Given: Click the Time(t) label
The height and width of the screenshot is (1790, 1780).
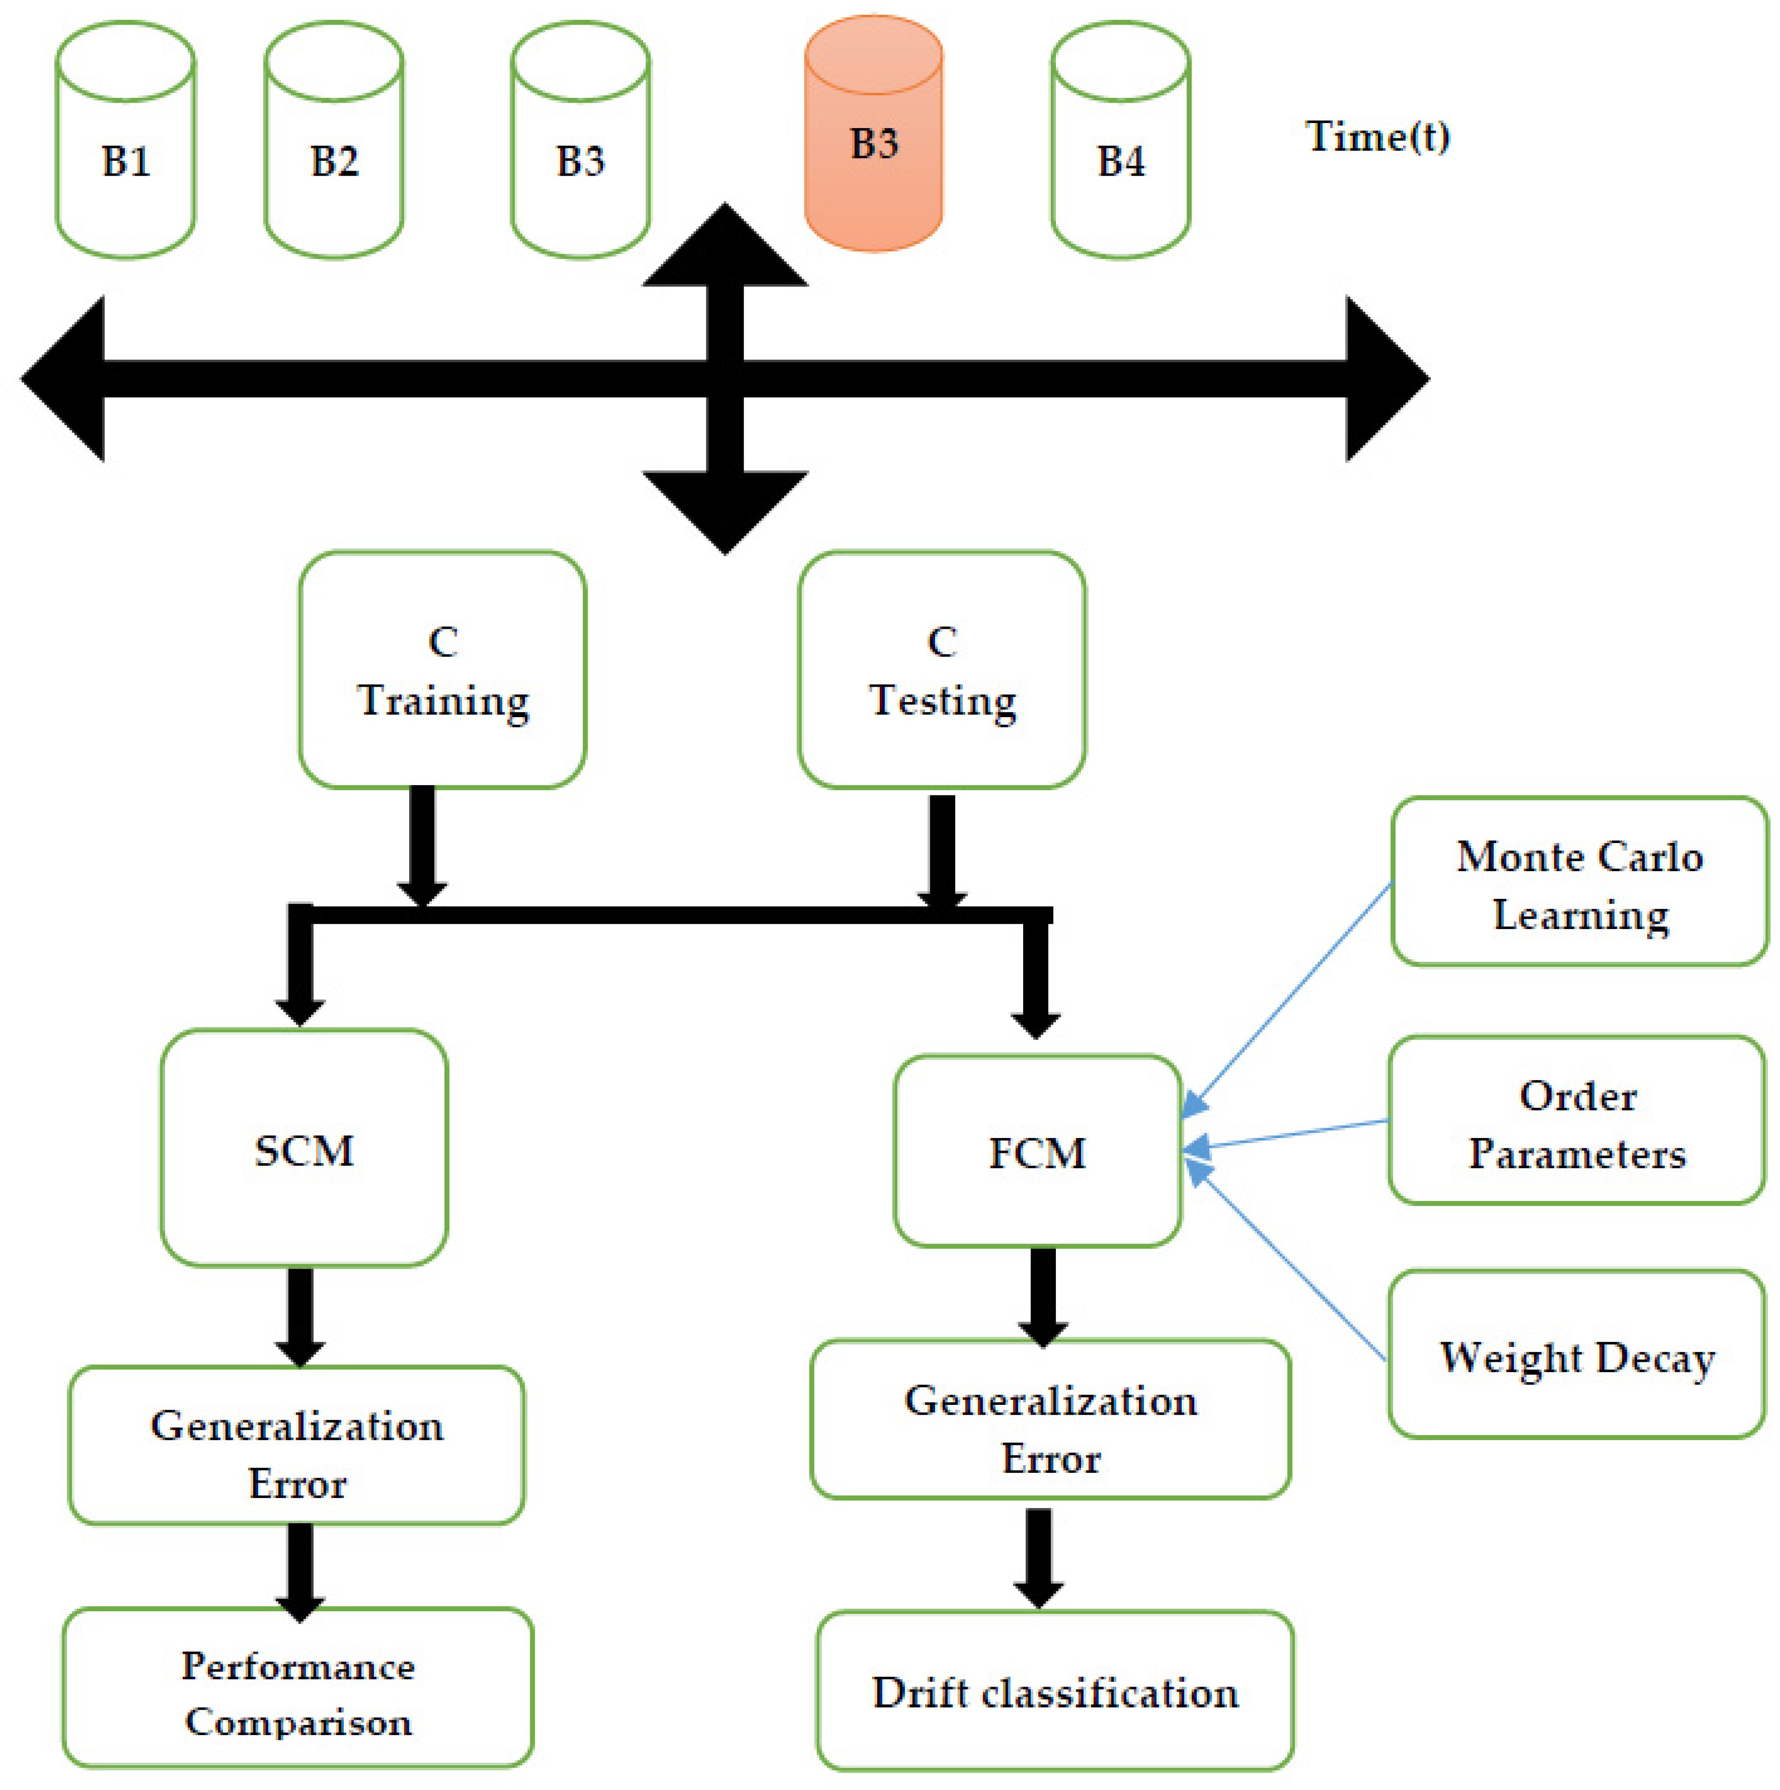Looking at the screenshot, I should pos(1377,137).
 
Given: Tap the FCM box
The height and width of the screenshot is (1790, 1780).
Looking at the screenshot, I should pos(1037,1152).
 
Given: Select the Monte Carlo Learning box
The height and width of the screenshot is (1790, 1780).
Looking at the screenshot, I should pos(1579,882).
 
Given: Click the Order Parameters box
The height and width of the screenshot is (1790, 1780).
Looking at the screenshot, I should pos(1576,1121).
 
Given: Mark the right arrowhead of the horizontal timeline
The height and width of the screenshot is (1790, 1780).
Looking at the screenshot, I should pos(1384,378).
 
